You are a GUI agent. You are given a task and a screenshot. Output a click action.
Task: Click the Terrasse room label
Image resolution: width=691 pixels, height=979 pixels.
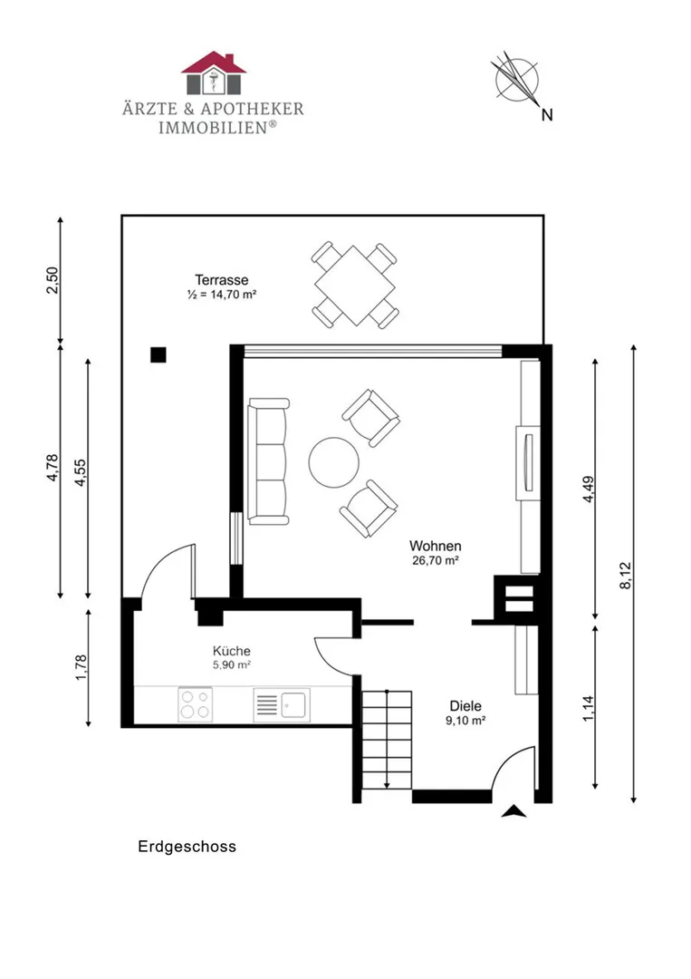[221, 280]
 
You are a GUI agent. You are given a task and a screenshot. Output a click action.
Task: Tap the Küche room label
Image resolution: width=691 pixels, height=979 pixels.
[231, 651]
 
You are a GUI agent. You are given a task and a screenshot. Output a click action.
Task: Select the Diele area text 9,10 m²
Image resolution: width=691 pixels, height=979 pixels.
[465, 721]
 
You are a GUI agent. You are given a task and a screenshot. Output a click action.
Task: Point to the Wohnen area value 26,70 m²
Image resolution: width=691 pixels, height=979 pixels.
[436, 561]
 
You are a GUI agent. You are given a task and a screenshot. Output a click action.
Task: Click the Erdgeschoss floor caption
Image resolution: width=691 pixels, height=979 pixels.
[187, 847]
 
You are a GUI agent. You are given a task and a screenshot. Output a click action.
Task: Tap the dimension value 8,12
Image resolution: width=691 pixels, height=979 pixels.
[626, 575]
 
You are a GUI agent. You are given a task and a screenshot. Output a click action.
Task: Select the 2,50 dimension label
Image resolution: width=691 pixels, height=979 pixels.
[53, 280]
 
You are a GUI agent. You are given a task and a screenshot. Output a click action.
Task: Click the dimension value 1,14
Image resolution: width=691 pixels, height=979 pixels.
[588, 709]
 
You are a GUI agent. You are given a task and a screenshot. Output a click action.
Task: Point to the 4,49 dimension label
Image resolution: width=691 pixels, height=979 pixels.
[588, 489]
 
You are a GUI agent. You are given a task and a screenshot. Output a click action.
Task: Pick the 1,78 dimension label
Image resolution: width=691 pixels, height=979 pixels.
[81, 667]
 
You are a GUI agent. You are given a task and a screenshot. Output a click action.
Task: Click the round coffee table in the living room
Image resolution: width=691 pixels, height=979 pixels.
[333, 462]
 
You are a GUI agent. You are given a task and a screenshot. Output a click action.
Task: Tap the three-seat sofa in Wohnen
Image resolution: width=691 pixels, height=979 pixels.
[268, 460]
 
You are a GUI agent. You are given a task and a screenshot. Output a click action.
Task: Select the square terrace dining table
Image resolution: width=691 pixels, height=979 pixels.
[355, 286]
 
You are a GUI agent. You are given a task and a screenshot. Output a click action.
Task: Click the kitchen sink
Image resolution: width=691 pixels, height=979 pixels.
[282, 705]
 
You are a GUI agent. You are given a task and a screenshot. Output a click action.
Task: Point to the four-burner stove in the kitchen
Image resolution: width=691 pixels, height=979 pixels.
[196, 704]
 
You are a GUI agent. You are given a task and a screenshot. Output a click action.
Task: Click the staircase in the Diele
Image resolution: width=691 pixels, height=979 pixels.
[387, 740]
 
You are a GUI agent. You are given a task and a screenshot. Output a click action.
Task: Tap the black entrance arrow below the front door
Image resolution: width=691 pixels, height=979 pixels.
[513, 811]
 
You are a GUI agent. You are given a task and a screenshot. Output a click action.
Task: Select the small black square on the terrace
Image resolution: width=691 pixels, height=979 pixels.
[158, 354]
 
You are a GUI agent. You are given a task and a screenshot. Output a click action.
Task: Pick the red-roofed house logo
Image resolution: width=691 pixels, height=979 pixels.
[214, 73]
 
